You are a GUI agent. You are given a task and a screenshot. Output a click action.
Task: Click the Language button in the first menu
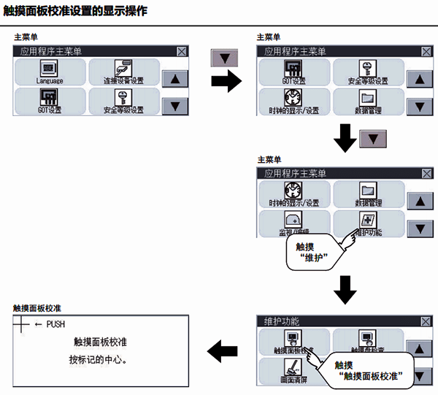coord(49,72)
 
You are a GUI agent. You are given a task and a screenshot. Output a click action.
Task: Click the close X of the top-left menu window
coord(182,52)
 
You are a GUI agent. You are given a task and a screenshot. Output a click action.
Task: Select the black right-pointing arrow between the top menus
coord(226,81)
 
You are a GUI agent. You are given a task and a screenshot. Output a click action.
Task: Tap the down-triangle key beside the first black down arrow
coord(373,138)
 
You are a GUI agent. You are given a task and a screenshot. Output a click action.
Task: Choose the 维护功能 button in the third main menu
coord(368,222)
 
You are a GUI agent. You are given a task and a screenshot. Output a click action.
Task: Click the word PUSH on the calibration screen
coord(55,323)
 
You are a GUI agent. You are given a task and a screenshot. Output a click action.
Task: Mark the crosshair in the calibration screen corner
coord(23,323)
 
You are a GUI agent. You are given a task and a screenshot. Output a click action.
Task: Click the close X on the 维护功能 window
coord(426,321)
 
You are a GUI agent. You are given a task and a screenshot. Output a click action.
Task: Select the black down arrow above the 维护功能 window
coord(344,290)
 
